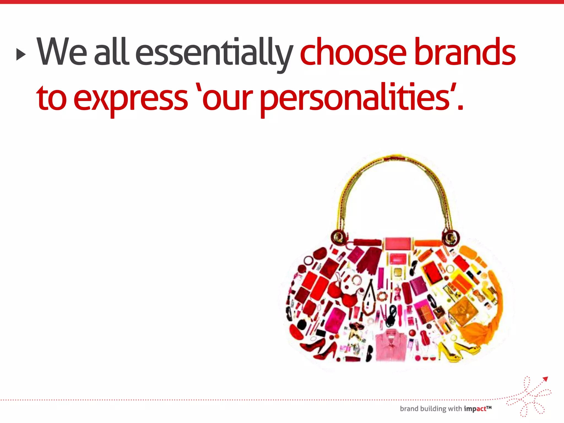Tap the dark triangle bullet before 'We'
pos(20,54)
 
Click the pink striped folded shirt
pos(391,346)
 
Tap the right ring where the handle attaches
pos(451,237)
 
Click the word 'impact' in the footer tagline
pos(475,409)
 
